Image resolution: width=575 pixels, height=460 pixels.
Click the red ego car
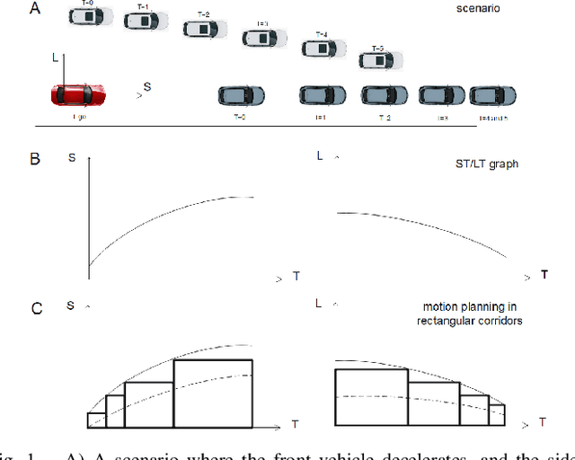pyautogui.click(x=78, y=94)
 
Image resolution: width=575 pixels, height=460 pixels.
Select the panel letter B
pyautogui.click(x=35, y=159)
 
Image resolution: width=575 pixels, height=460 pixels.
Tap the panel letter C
pyautogui.click(x=36, y=308)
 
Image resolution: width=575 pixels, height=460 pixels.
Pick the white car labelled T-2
pyautogui.click(x=206, y=28)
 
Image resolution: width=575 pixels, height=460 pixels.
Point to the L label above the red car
pyautogui.click(x=55, y=57)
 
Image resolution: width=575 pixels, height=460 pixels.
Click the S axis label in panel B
pyautogui.click(x=71, y=159)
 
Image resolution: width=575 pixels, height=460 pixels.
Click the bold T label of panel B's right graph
pyautogui.click(x=544, y=273)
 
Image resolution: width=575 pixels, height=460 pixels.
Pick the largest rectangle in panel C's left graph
pyautogui.click(x=213, y=394)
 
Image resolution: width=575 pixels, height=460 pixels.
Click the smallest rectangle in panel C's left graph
pyautogui.click(x=96, y=420)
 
